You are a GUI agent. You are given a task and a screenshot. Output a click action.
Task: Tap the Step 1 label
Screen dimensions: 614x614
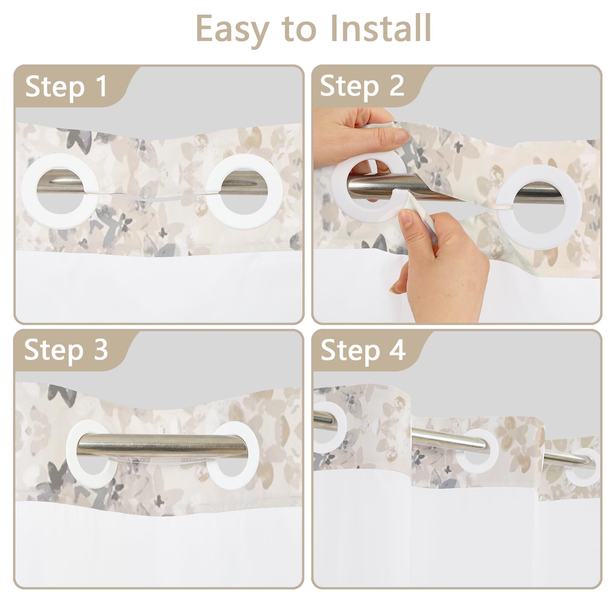[x=66, y=87]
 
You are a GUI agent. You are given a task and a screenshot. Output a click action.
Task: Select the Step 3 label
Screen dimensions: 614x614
[x=66, y=350]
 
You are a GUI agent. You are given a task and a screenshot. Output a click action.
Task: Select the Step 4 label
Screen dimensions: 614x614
[x=363, y=350]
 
